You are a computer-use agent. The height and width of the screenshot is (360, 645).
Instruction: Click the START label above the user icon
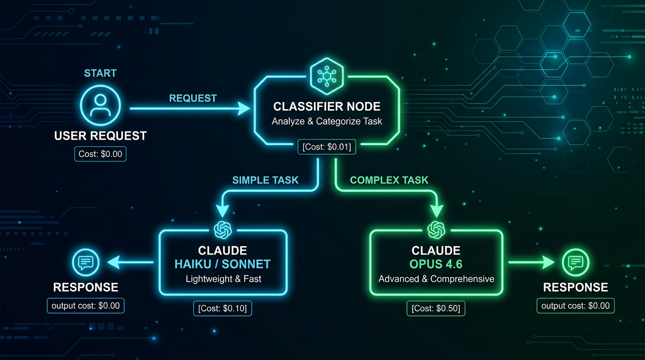(x=100, y=73)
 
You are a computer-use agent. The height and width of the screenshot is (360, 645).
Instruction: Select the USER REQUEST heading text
(x=100, y=136)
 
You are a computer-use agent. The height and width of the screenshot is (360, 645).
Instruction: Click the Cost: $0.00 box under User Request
(x=100, y=154)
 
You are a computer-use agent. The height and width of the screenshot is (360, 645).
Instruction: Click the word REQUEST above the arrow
(x=193, y=98)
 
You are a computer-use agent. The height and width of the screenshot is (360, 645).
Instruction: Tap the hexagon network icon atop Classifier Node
(x=327, y=74)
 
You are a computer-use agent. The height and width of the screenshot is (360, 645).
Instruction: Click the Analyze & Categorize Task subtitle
(x=327, y=121)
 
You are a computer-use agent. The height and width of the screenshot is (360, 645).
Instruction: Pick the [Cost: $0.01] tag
(x=327, y=147)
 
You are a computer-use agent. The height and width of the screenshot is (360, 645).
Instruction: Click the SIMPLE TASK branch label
(x=265, y=180)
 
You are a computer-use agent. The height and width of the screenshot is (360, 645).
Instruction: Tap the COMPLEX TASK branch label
(x=389, y=180)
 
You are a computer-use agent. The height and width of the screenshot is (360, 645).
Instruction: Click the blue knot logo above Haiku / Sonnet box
(x=223, y=230)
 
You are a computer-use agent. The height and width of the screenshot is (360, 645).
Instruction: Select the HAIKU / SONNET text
(x=223, y=264)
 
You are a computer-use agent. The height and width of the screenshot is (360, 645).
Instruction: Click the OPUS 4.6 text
(x=436, y=264)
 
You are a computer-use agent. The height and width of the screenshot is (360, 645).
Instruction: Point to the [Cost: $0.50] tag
(x=436, y=308)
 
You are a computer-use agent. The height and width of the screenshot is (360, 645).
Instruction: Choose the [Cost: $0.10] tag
(x=223, y=308)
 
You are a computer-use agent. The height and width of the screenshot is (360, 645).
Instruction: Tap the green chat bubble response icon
(x=575, y=262)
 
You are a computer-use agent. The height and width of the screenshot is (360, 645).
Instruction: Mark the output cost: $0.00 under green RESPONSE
(x=575, y=306)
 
